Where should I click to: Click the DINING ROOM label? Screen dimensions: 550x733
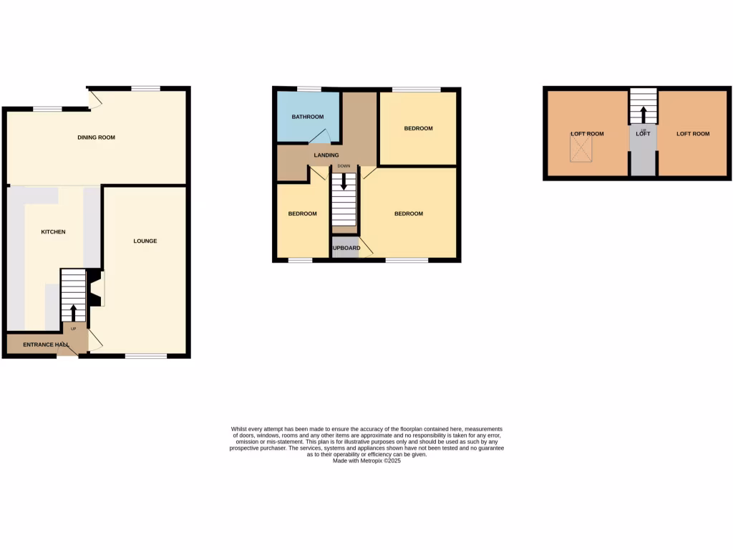96,137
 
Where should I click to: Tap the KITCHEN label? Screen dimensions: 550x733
53,232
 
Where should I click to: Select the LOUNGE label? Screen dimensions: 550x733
145,241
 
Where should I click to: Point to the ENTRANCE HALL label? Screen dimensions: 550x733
46,345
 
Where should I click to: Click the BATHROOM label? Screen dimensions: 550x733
307,117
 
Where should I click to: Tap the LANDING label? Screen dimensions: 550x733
326,155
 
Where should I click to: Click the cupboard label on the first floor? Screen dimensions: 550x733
346,249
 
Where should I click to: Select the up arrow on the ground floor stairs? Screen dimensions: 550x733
72,312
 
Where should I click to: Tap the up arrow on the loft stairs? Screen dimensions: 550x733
643,115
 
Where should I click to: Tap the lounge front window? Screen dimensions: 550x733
146,356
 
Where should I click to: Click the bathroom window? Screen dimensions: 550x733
309,89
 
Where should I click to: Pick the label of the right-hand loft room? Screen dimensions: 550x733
693,134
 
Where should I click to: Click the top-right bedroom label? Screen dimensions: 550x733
418,129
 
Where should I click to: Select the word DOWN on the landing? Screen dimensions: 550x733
344,166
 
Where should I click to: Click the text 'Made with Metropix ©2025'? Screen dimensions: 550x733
366,461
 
